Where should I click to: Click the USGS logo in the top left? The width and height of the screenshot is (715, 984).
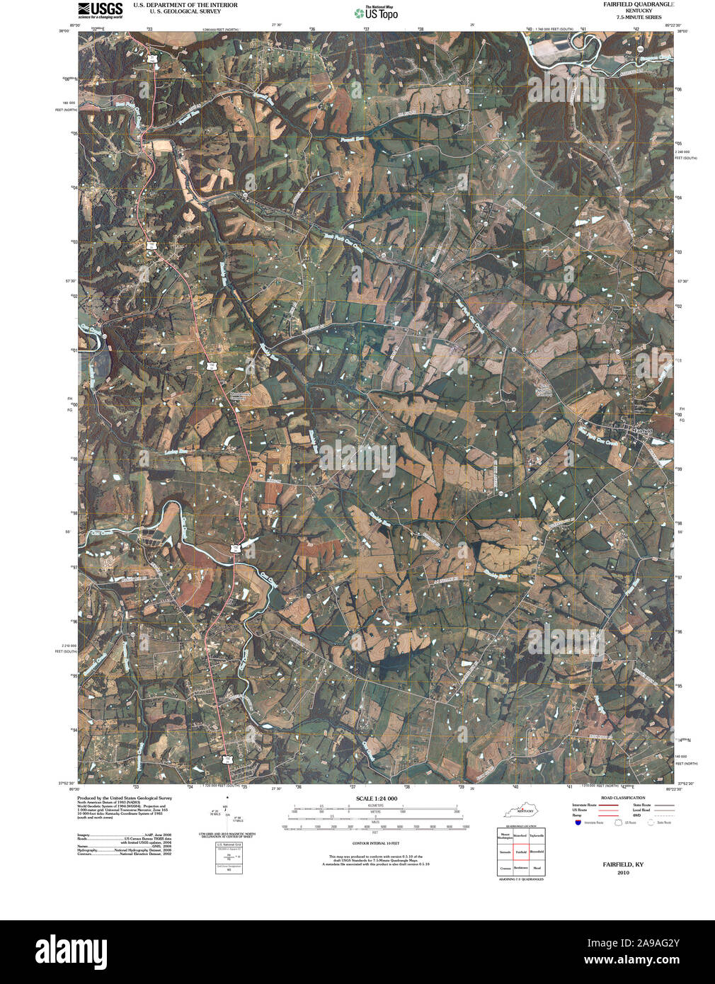pos(100,10)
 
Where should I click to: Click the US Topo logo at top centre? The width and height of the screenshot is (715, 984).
pos(381,12)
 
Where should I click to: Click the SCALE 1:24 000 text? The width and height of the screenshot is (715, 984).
pos(377,799)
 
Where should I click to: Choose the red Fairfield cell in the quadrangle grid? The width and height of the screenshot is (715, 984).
pos(521,852)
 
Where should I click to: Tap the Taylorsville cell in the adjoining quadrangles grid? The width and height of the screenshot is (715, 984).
pos(537,836)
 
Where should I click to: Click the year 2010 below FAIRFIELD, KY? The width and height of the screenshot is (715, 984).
pos(623,873)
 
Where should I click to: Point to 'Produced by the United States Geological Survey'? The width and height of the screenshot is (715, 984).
pos(125,797)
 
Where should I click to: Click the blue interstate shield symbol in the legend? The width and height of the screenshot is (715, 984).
pos(578,823)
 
